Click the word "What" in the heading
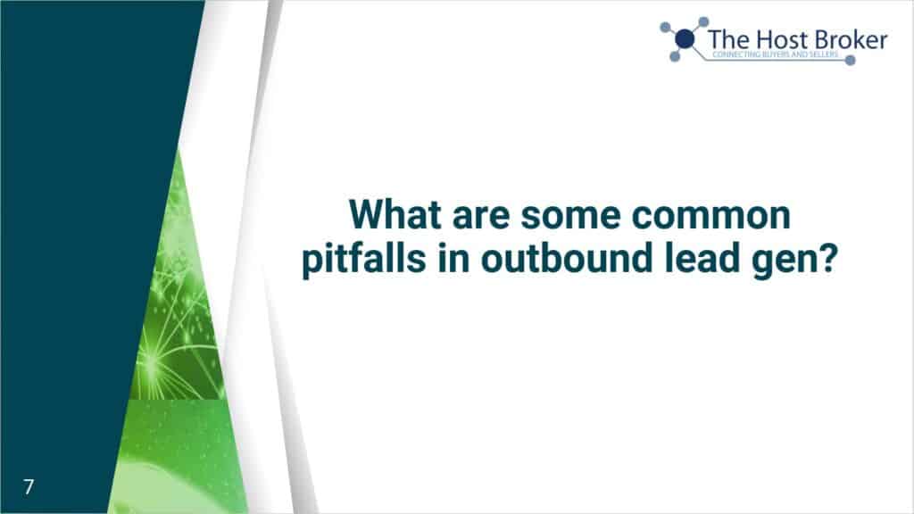tap(395, 214)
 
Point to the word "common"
tap(711, 217)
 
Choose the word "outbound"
tap(566, 258)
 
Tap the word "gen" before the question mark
tap(782, 262)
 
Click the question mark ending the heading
tap(826, 258)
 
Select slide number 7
tap(29, 486)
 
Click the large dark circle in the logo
tap(685, 39)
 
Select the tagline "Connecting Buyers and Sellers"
tap(776, 54)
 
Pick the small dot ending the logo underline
tap(851, 60)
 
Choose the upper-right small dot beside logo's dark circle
tap(703, 22)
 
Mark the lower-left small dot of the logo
tap(675, 56)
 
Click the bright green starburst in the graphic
tap(152, 364)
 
